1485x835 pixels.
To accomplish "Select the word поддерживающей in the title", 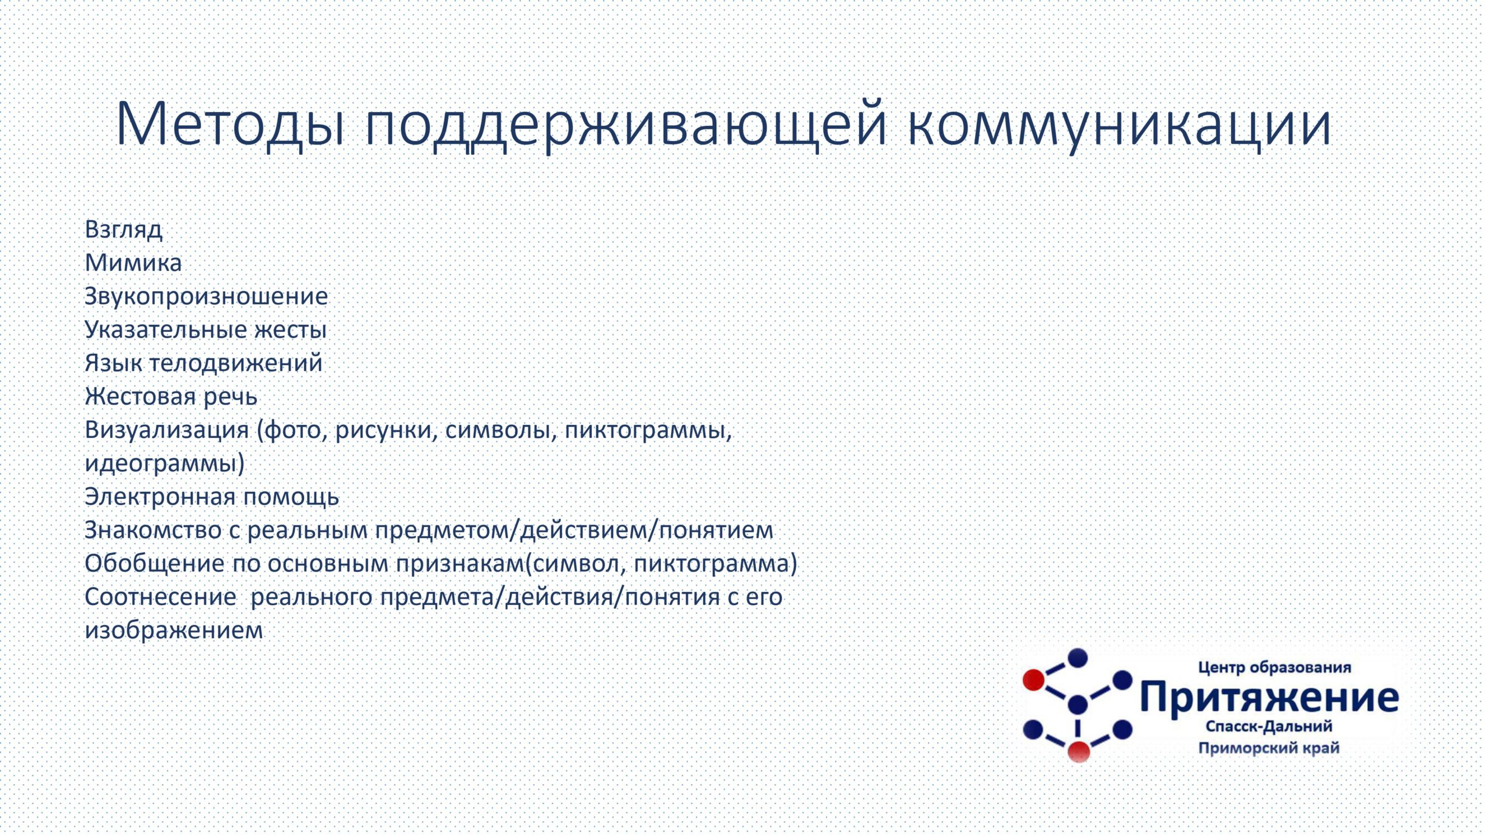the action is click(x=626, y=125).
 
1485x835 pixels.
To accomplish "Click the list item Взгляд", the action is click(x=124, y=230).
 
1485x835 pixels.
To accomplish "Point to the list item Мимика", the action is click(x=133, y=263).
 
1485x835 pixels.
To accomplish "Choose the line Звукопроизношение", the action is click(x=207, y=297).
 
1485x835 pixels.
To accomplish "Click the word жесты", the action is click(x=291, y=330).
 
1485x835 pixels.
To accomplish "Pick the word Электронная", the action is click(x=160, y=497).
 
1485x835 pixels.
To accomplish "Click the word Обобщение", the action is click(x=154, y=564).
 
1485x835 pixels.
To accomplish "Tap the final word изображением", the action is click(x=174, y=630).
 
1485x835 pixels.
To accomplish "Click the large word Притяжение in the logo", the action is click(x=1269, y=697).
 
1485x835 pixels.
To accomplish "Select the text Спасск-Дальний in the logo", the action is click(x=1269, y=727).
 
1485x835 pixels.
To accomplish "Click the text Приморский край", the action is click(x=1269, y=748).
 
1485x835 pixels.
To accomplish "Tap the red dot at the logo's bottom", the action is click(x=1079, y=752).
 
